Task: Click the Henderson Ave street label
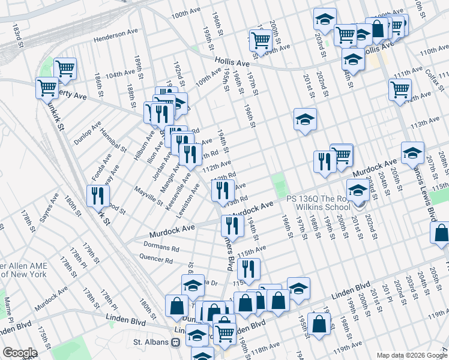pos(118,38)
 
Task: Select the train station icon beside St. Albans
pos(176,343)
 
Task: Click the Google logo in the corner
pos(20,353)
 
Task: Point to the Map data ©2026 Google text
pos(412,355)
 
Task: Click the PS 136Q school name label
pos(318,203)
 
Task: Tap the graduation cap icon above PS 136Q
pos(358,191)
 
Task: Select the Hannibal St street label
pos(113,140)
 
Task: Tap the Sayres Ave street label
pos(49,206)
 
